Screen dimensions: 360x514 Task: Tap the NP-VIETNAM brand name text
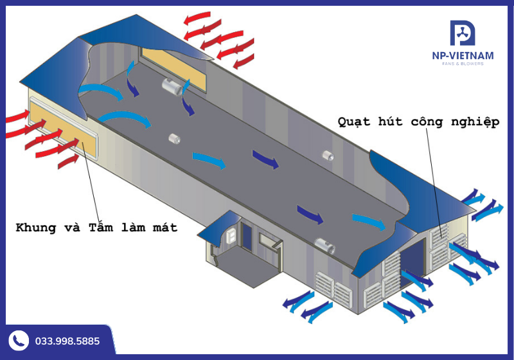tap(463, 56)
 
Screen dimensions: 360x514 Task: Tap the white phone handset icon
tap(19, 341)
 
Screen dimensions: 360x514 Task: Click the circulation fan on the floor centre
tap(173, 138)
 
